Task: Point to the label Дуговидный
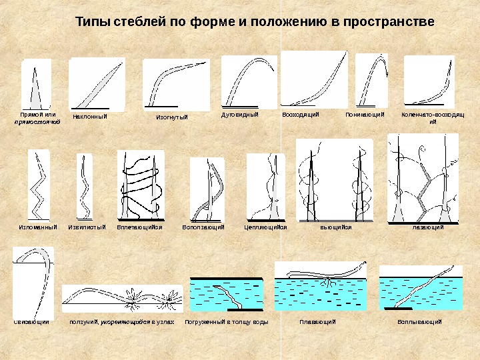tap(239, 115)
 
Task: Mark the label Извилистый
tap(87, 227)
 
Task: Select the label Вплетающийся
tap(139, 227)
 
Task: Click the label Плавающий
tap(317, 323)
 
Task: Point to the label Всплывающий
tap(420, 323)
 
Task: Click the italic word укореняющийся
tap(129, 323)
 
